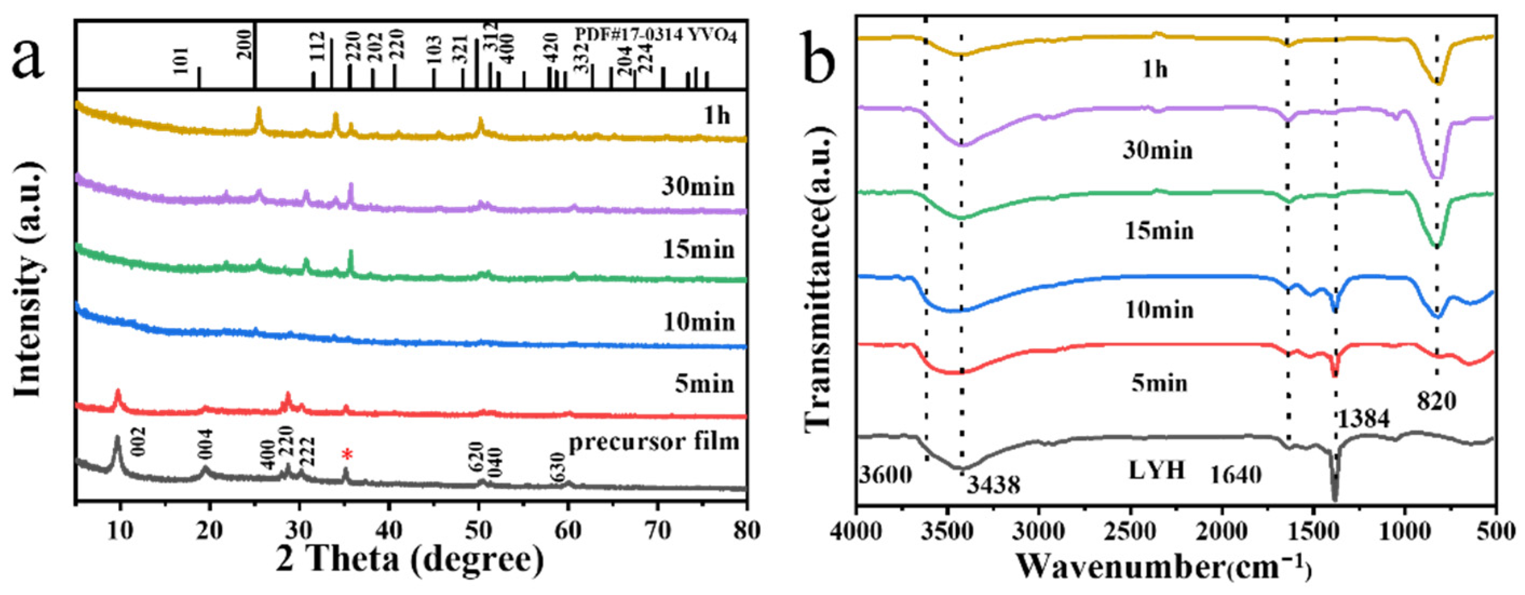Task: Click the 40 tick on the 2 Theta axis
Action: tap(389, 530)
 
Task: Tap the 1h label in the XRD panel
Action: tap(716, 116)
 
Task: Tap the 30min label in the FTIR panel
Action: tap(1158, 151)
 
